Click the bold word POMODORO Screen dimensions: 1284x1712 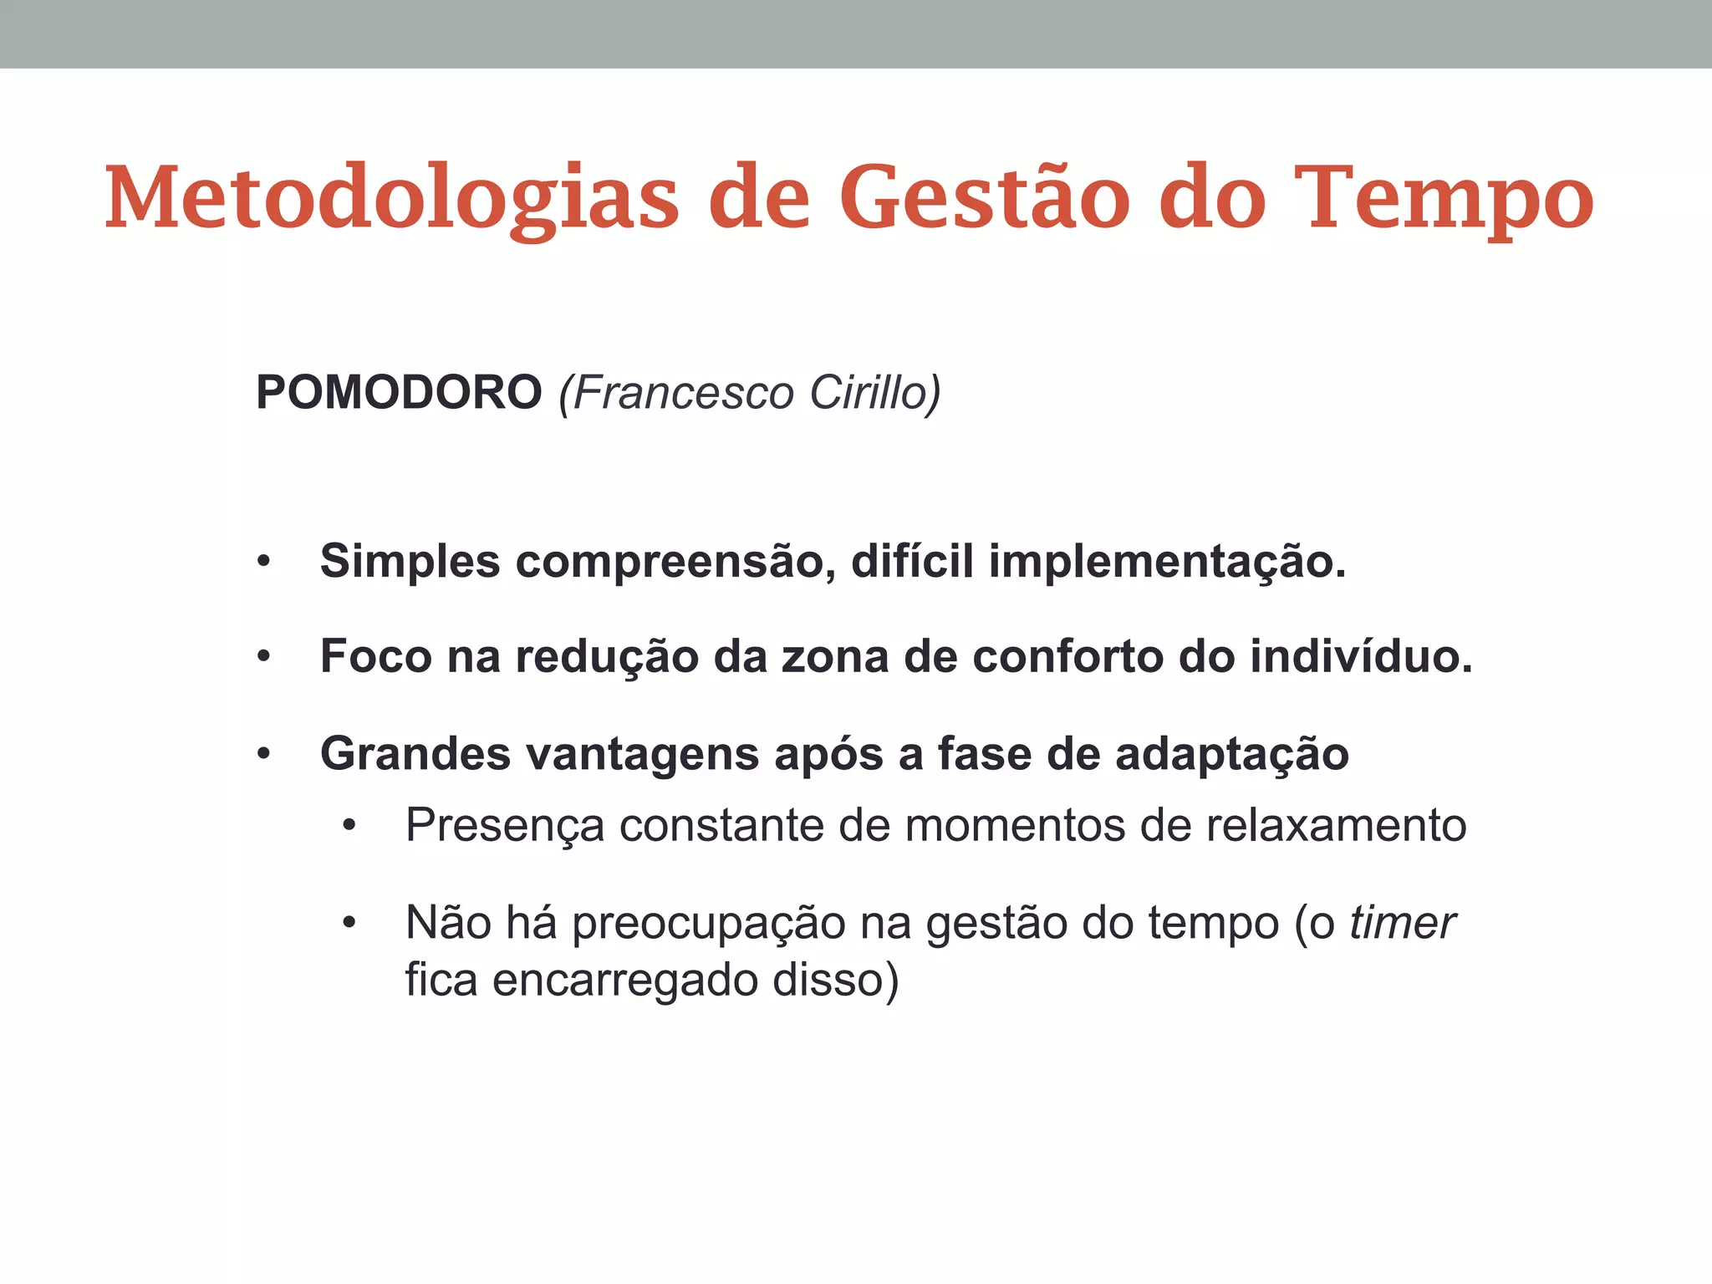coord(399,392)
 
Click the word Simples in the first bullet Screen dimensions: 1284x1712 coord(410,561)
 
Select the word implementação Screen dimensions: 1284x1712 coord(1167,561)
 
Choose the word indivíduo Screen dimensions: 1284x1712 coord(1361,656)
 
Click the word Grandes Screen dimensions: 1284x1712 coord(415,753)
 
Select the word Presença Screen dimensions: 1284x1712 coord(505,826)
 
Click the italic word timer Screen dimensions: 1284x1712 coord(1402,924)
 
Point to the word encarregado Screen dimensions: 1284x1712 coord(624,980)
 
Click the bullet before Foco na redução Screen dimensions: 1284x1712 coord(264,658)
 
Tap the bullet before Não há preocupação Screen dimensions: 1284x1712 coord(349,925)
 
